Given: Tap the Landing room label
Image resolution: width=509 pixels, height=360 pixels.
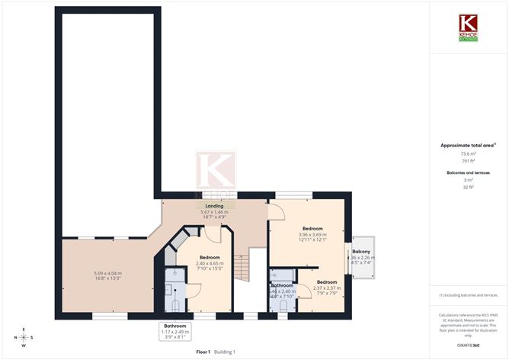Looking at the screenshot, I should point(214,206).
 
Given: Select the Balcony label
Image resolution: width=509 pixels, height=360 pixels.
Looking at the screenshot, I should point(361,252).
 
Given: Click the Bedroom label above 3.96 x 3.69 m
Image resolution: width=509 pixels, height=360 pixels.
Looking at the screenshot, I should point(312,229).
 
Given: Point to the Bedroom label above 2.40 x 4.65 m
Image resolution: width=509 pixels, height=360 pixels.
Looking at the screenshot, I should point(210,258).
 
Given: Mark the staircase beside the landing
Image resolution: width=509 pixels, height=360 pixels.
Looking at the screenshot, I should point(242,267).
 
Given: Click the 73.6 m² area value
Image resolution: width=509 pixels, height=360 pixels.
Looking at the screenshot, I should point(469,153).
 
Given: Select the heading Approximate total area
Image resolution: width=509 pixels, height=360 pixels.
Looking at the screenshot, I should point(467,145).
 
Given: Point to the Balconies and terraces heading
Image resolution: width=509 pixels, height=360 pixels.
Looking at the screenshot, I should point(469,173).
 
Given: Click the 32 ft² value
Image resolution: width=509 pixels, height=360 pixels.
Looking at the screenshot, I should point(469,188).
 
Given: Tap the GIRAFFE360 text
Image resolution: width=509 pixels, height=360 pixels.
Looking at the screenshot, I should point(469,346).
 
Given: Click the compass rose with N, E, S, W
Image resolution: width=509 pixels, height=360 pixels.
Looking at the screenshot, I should point(24,337).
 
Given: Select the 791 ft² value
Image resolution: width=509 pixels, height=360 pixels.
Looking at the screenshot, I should point(469,160).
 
